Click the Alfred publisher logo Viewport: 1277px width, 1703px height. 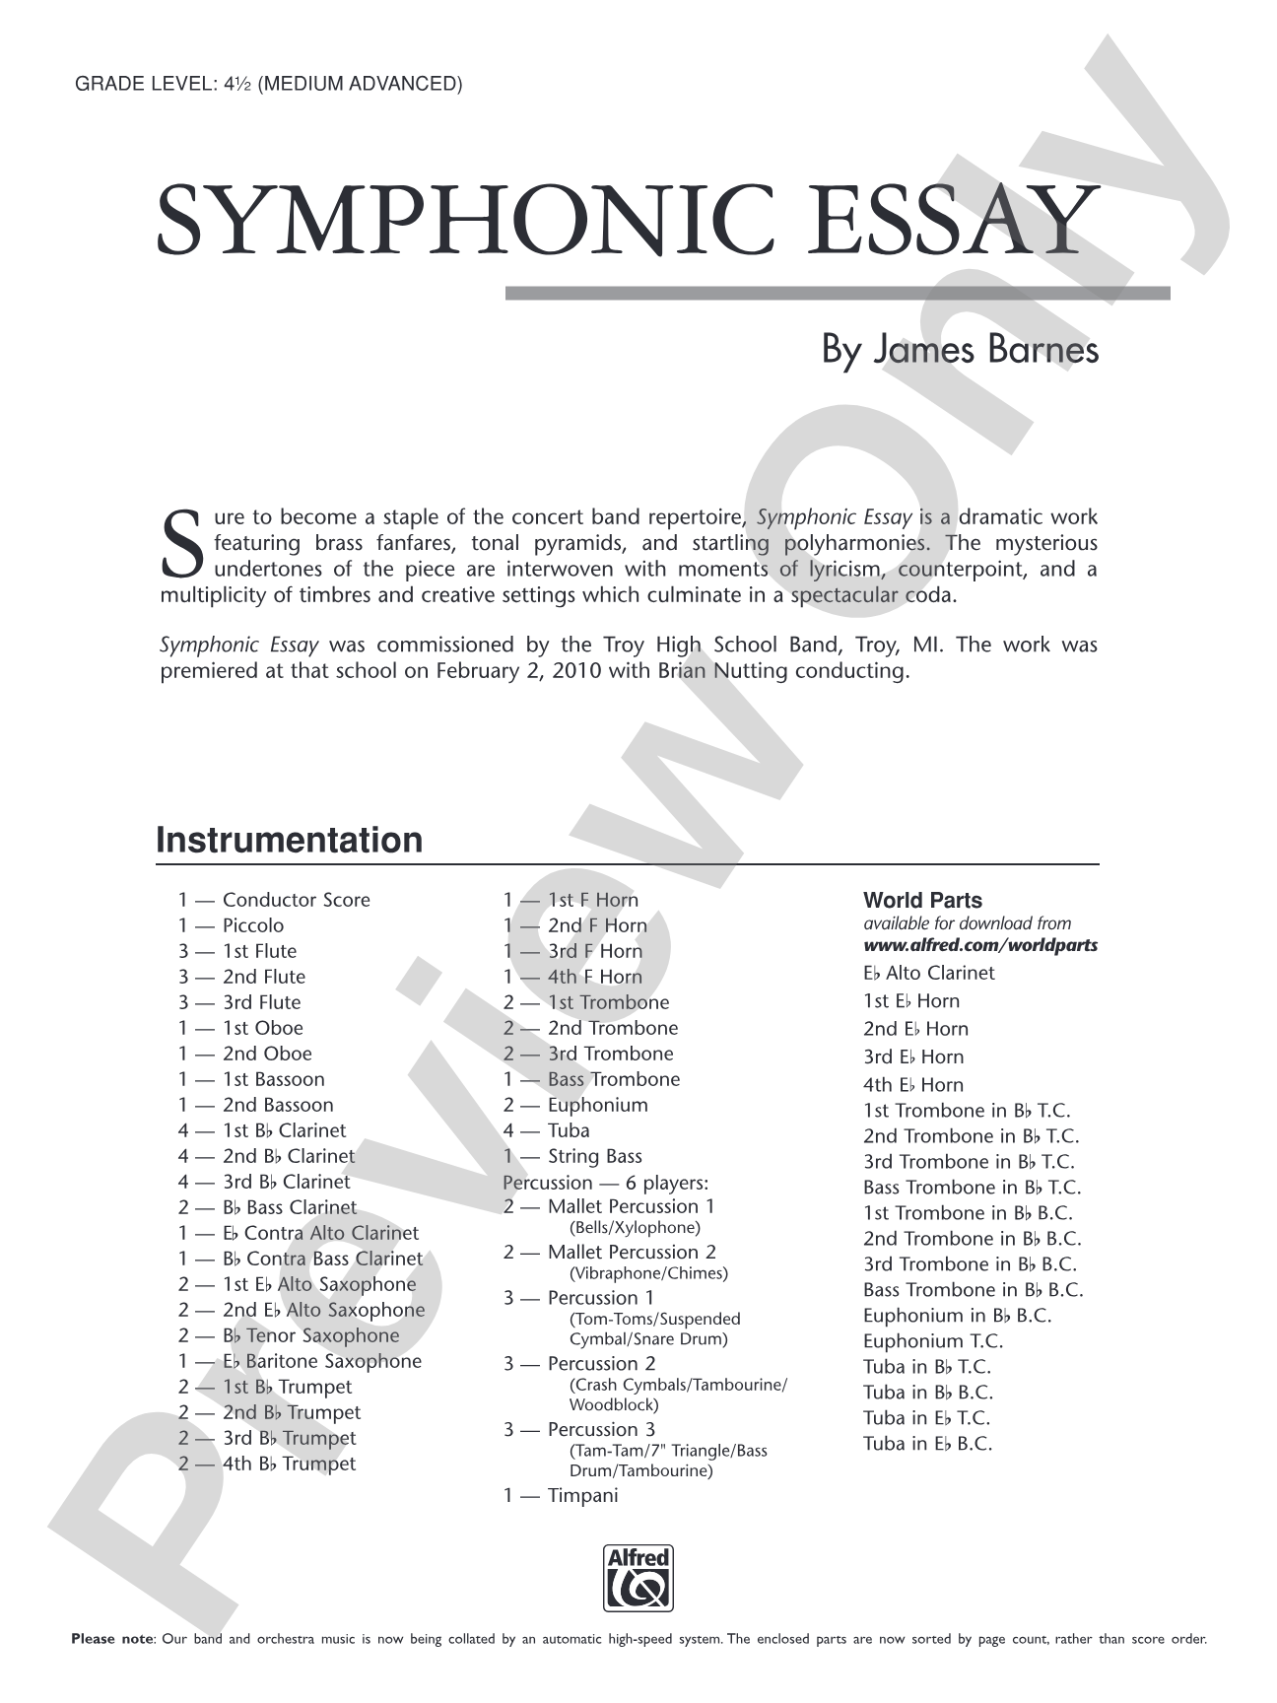(638, 1578)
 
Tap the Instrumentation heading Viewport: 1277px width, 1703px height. (290, 840)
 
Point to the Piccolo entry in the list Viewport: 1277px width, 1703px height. (252, 925)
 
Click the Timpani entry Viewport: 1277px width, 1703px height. (582, 1495)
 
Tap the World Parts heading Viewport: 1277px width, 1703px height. (922, 900)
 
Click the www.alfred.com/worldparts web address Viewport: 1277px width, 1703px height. (980, 945)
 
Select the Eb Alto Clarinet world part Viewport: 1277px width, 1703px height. (929, 973)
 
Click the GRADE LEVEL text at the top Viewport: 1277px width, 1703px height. (268, 84)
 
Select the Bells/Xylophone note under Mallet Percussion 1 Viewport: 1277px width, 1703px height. (635, 1227)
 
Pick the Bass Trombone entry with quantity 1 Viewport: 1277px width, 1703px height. (613, 1079)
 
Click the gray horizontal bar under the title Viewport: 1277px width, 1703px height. (838, 293)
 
